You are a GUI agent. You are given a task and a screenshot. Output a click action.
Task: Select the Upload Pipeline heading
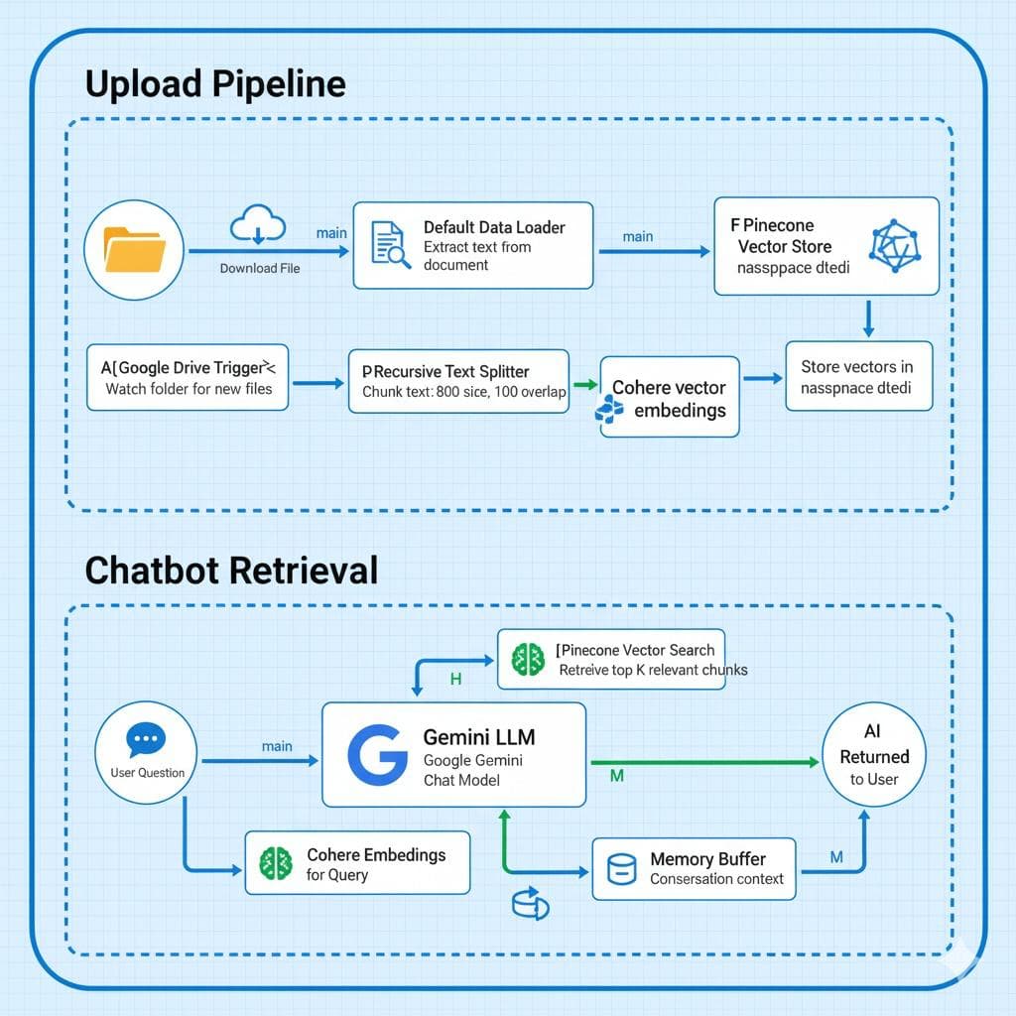pyautogui.click(x=215, y=83)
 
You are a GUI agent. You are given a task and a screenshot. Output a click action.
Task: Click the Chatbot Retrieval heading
pyautogui.click(x=231, y=571)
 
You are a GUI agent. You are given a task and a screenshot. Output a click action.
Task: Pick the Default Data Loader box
pyautogui.click(x=472, y=245)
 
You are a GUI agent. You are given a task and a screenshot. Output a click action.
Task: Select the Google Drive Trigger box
pyautogui.click(x=188, y=376)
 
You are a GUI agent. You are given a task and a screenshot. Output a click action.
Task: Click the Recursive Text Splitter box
pyautogui.click(x=458, y=381)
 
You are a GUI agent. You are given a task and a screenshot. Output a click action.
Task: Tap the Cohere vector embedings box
pyautogui.click(x=669, y=397)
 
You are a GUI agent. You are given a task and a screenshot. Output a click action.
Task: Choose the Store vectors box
pyautogui.click(x=858, y=376)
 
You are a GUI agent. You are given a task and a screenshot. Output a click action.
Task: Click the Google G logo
pyautogui.click(x=377, y=754)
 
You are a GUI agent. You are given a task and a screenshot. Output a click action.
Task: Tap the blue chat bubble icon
pyautogui.click(x=147, y=740)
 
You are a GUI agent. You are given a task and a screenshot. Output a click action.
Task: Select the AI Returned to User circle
pyautogui.click(x=873, y=754)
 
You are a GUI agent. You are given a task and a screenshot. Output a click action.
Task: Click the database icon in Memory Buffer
pyautogui.click(x=621, y=868)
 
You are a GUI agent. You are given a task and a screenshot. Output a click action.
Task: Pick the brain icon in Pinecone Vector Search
pyautogui.click(x=527, y=660)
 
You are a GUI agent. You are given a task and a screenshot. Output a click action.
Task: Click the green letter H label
pyautogui.click(x=456, y=680)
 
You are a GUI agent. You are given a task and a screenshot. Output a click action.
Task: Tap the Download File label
pyautogui.click(x=260, y=268)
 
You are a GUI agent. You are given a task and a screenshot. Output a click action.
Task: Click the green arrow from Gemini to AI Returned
pyautogui.click(x=704, y=762)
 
